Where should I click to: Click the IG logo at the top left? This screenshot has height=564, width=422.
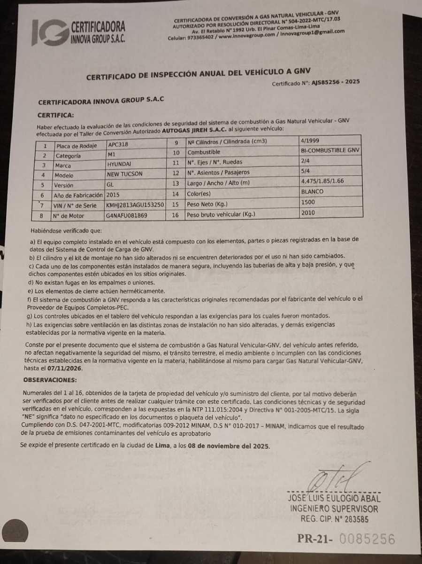click(x=49, y=32)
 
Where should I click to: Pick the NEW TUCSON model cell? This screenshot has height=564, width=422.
click(x=124, y=174)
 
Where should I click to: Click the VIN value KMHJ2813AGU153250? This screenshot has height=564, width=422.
click(x=135, y=205)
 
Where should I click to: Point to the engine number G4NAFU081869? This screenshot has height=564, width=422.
click(x=127, y=215)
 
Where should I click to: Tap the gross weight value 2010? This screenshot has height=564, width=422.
click(x=309, y=212)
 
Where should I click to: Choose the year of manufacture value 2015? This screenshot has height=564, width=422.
click(x=114, y=195)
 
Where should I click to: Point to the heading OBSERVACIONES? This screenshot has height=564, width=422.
click(x=50, y=380)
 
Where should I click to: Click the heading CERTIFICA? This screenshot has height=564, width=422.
click(x=55, y=115)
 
